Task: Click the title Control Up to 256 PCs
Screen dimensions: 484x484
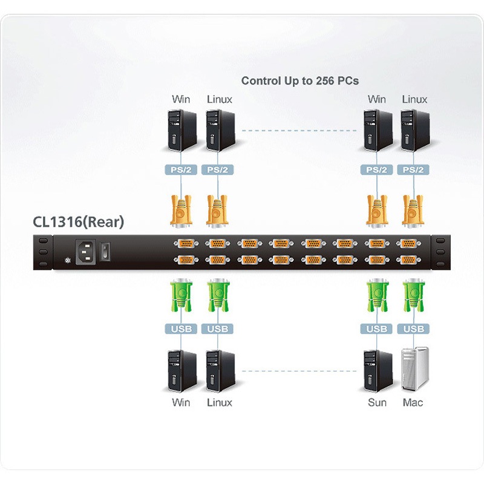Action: [x=300, y=80]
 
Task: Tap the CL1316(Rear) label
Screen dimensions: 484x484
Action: [x=78, y=222]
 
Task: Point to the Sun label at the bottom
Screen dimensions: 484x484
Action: [x=377, y=402]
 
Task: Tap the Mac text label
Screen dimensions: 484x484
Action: [x=413, y=402]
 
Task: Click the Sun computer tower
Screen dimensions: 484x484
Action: [x=376, y=370]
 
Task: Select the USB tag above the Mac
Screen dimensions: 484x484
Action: [x=414, y=329]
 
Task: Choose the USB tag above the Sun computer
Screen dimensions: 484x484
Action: [x=376, y=329]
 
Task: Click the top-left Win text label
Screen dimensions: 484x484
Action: [x=180, y=99]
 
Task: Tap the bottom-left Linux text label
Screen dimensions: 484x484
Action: [x=219, y=402]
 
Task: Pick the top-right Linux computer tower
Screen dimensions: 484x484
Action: [x=414, y=130]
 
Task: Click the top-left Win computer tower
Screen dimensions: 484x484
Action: [x=181, y=130]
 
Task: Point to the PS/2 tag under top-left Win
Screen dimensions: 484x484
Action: [x=181, y=170]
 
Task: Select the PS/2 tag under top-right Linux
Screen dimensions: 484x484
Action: [x=414, y=170]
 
